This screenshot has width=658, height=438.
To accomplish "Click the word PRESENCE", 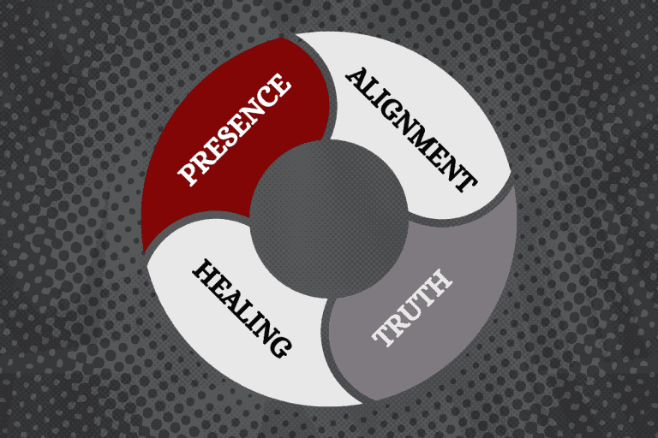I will [234, 131].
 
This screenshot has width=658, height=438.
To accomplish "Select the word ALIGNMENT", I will [410, 127].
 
